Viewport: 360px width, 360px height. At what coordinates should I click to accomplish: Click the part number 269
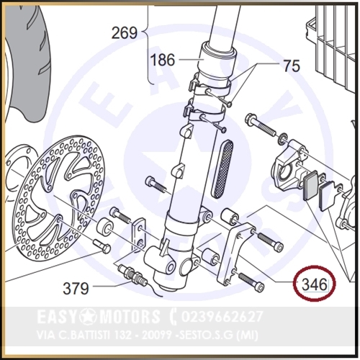[125, 33]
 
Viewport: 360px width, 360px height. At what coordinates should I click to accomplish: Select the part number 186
[163, 60]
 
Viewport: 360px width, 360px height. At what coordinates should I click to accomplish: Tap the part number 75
[292, 66]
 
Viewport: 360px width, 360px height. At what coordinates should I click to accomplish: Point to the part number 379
[76, 288]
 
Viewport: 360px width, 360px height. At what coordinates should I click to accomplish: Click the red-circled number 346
[315, 285]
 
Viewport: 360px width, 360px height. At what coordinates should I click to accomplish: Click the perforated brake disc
[60, 196]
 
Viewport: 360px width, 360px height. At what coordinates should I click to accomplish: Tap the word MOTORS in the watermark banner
[130, 316]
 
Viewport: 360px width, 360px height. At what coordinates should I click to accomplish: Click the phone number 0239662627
[222, 316]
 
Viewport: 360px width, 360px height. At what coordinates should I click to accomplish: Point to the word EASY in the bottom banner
[59, 316]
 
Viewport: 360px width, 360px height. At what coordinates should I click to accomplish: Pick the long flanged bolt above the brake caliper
[260, 126]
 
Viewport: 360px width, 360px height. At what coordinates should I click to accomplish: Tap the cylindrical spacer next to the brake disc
[105, 227]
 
